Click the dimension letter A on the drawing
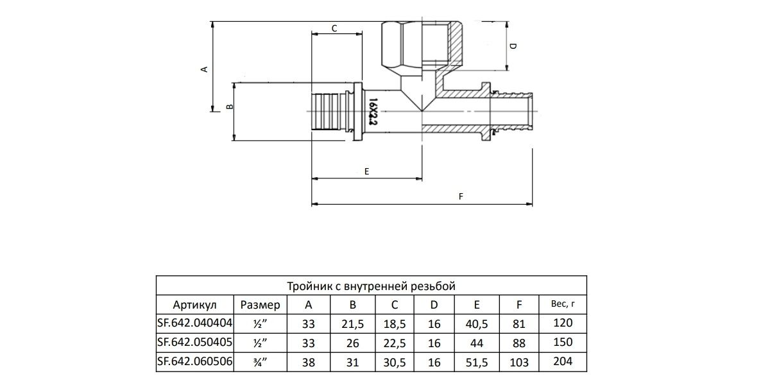point(204,69)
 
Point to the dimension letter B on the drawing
point(230,107)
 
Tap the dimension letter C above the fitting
point(334,28)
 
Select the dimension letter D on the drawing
point(513,46)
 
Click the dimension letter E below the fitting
point(367,171)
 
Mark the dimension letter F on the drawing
point(461,196)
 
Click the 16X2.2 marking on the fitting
point(373,112)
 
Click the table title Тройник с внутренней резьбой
point(372,286)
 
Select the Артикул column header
point(194,305)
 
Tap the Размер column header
point(261,305)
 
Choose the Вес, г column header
point(563,304)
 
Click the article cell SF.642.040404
point(195,323)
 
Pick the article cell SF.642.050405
point(195,343)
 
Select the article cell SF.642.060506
point(195,362)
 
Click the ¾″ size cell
point(261,362)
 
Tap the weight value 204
point(563,361)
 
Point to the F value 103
point(519,363)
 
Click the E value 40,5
point(476,324)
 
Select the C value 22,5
point(395,343)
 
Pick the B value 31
point(353,363)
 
